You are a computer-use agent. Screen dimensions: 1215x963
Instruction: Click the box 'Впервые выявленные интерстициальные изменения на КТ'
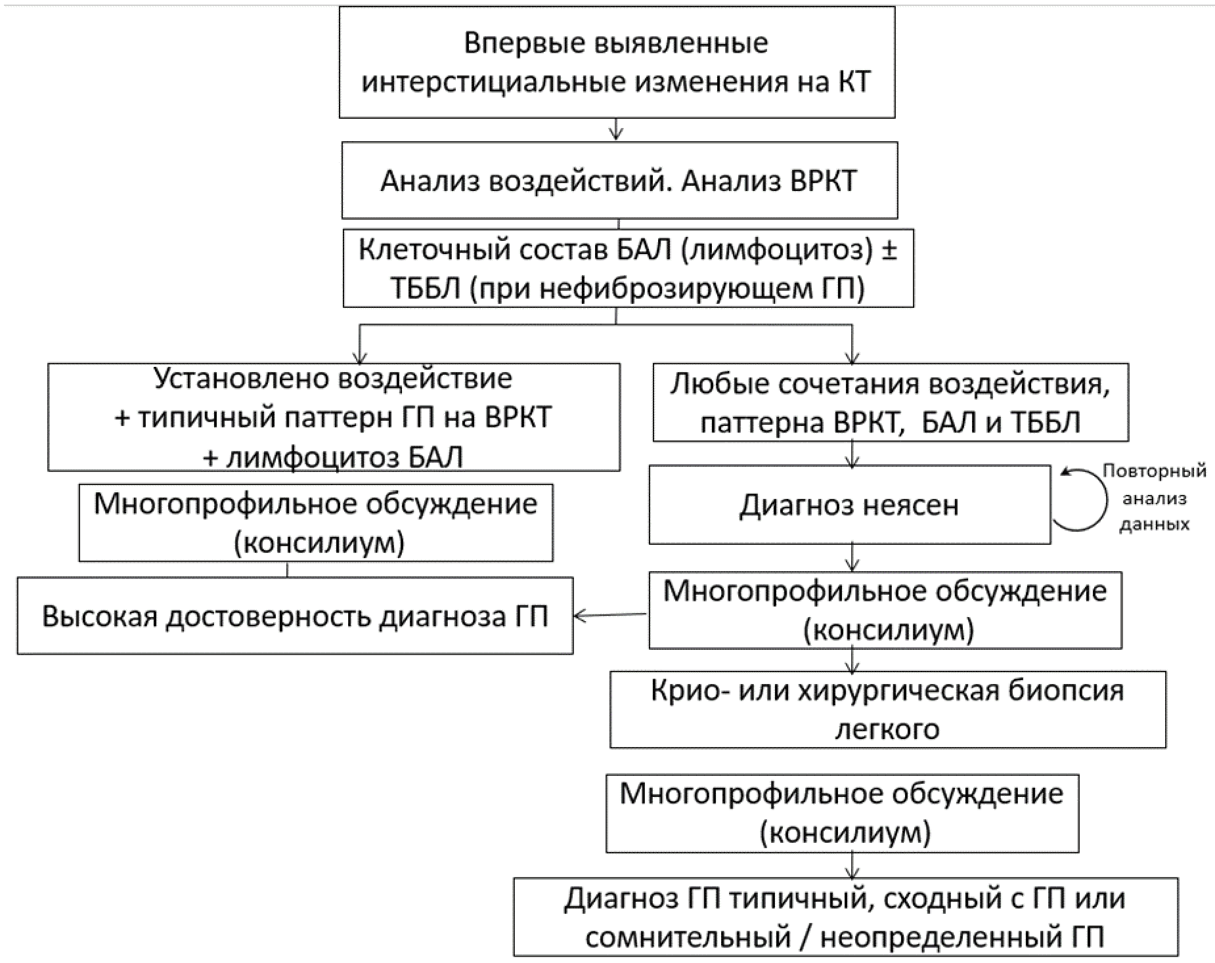point(617,62)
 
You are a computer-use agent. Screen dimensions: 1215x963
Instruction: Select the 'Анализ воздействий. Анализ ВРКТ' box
point(619,181)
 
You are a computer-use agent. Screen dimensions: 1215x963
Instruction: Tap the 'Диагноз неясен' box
point(849,505)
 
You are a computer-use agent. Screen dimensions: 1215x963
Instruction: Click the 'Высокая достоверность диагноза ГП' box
point(295,616)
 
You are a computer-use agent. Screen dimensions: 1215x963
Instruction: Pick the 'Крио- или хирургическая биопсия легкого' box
point(888,710)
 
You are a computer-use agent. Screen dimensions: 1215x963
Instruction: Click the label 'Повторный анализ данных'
point(1155,498)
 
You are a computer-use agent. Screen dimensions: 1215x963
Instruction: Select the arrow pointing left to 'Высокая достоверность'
point(611,615)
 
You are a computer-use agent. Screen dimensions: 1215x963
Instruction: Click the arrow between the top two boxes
point(615,129)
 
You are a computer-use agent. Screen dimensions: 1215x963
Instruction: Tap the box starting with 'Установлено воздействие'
point(334,417)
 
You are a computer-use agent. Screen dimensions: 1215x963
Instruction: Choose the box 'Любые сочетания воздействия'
point(891,402)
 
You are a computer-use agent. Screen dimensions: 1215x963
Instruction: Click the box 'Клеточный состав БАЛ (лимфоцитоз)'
point(628,268)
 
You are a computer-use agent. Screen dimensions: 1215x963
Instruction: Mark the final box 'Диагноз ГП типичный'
point(846,917)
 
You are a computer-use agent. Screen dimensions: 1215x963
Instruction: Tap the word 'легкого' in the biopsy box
point(887,729)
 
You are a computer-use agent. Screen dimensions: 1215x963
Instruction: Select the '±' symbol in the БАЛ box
point(889,251)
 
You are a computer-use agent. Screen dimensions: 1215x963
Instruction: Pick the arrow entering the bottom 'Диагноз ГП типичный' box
point(852,866)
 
